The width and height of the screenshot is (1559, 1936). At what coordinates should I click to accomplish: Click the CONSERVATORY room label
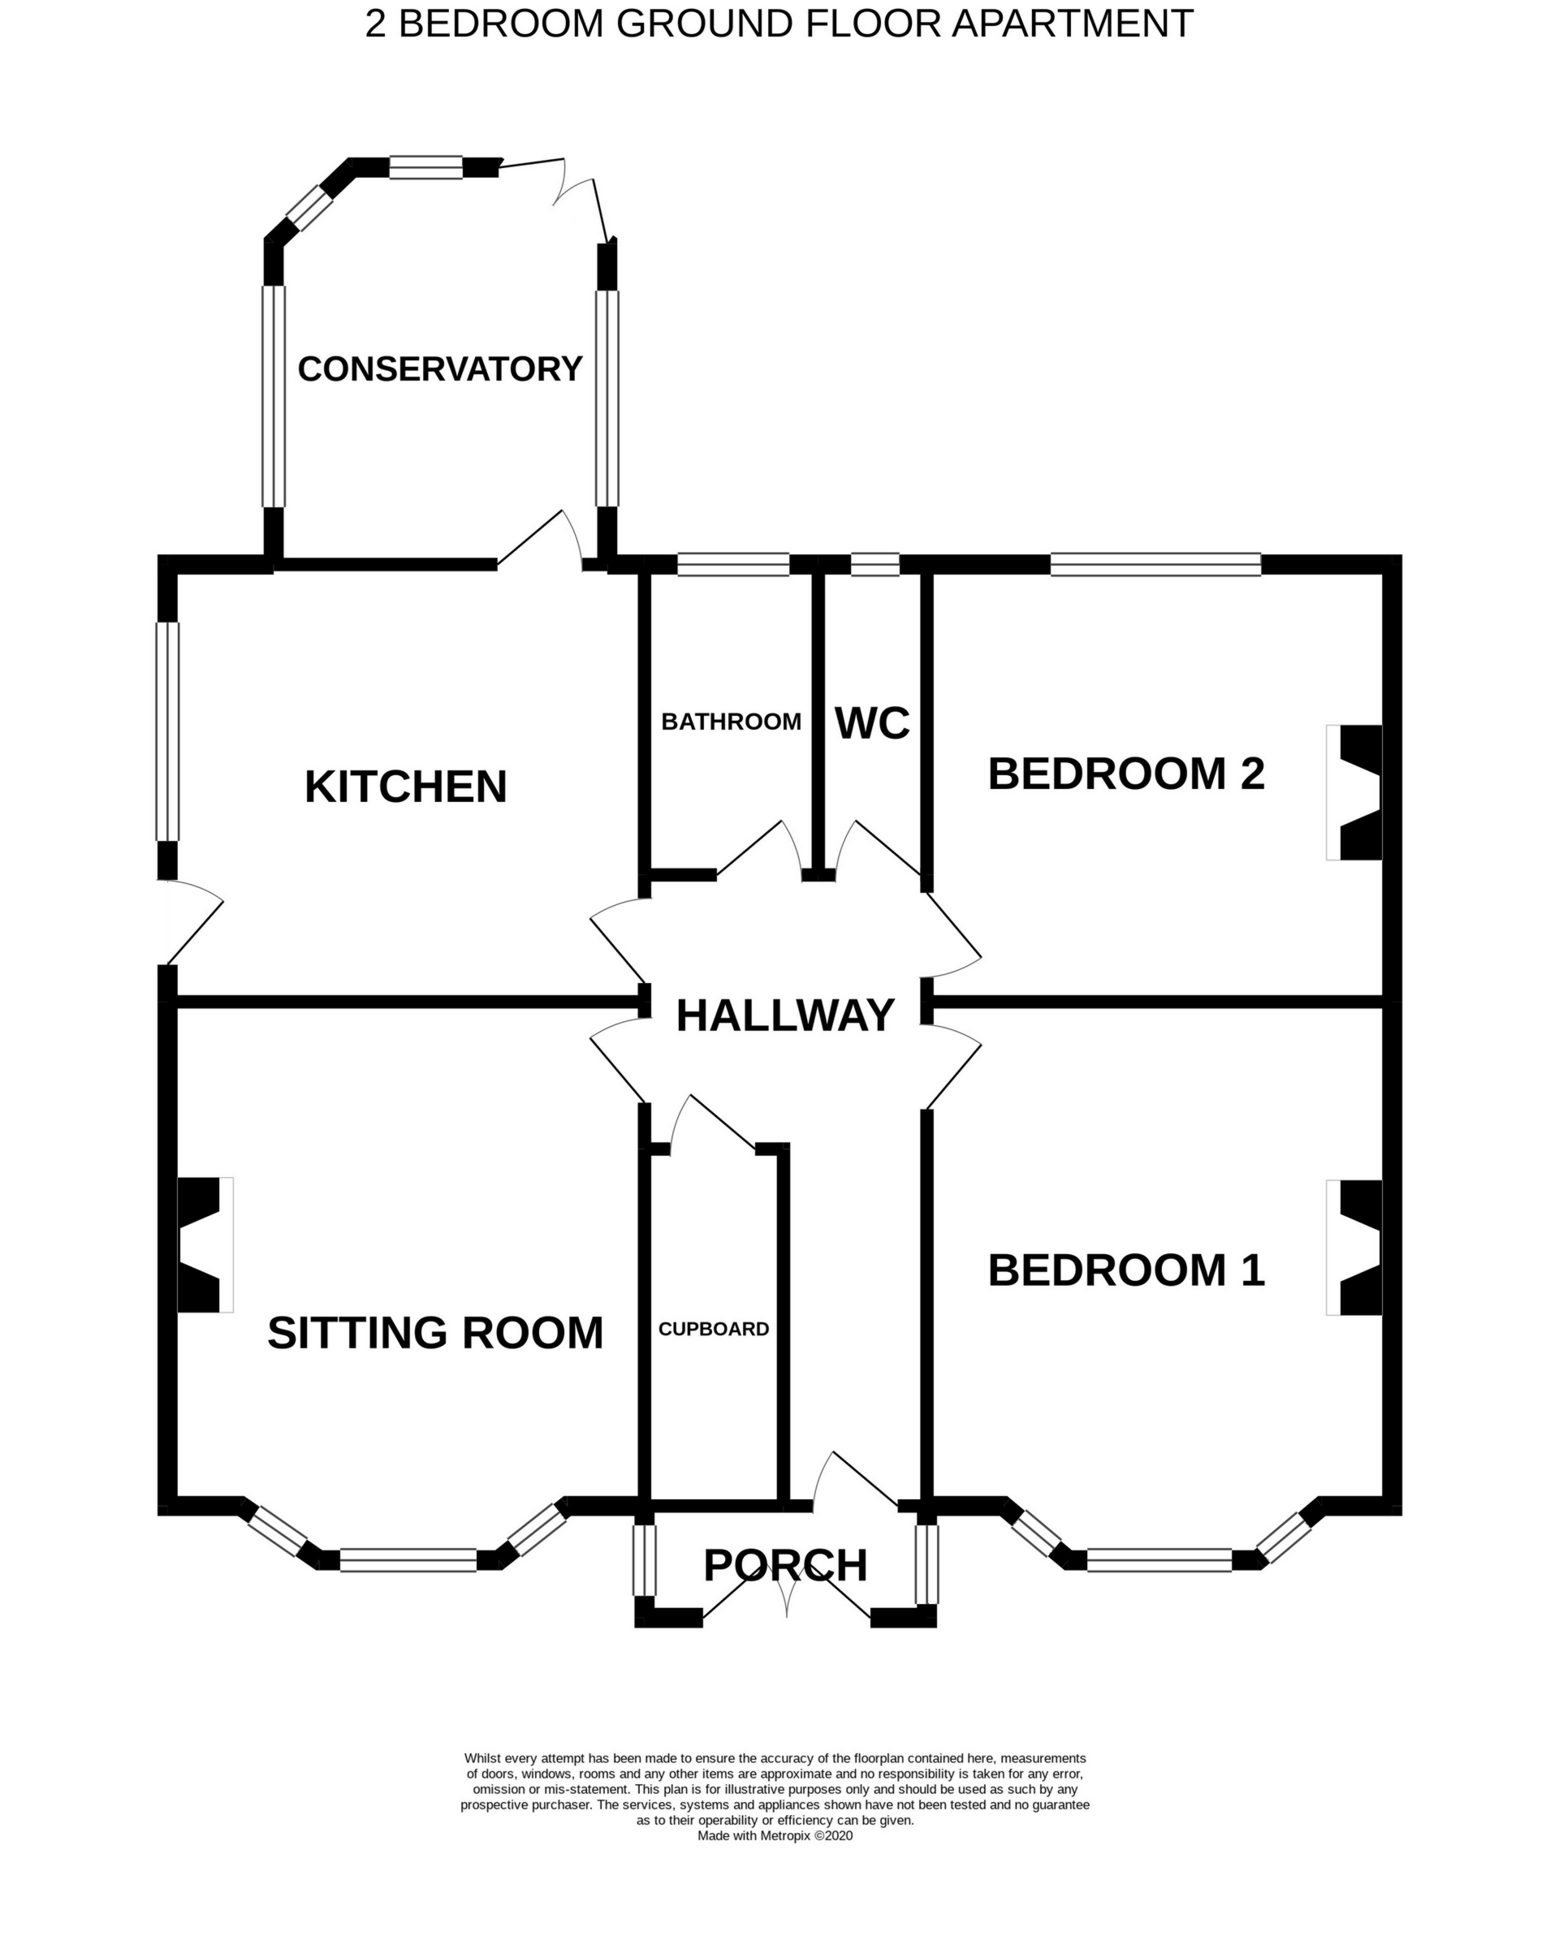coord(440,369)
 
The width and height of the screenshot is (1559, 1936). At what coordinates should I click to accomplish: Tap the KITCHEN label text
coord(406,787)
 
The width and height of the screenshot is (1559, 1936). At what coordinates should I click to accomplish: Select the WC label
coord(872,723)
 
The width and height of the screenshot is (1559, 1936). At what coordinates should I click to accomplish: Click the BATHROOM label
coord(731,722)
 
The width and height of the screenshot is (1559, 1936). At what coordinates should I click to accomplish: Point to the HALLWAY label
coord(785,1015)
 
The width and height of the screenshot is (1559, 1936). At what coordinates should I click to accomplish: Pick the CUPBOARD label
coord(714,1329)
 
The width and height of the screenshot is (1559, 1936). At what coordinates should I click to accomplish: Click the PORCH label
coord(785,1566)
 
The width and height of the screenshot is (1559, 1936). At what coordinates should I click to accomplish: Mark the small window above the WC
coord(875,565)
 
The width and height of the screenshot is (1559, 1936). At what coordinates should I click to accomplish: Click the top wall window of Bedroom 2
coord(1155,565)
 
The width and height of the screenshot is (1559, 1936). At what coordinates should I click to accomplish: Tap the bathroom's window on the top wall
coord(732,565)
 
